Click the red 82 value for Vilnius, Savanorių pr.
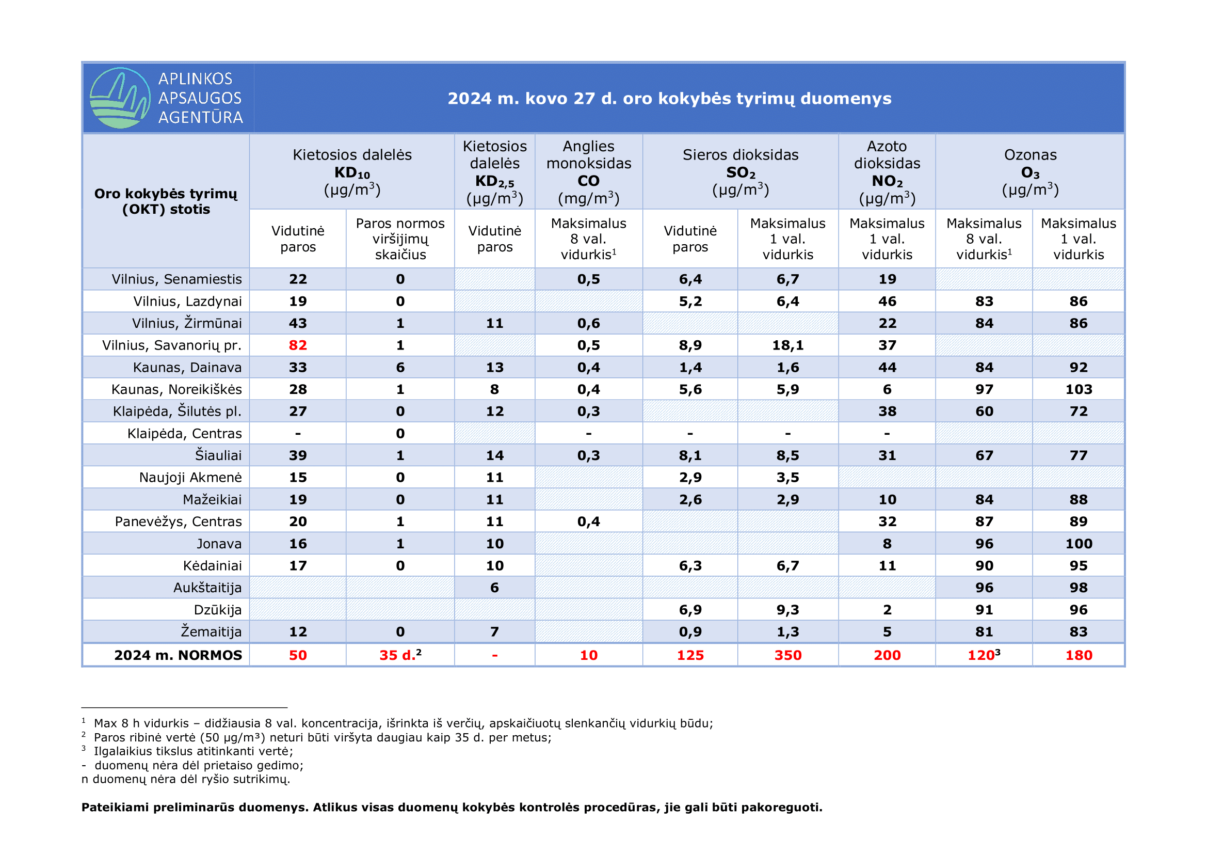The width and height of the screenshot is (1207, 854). coord(298,345)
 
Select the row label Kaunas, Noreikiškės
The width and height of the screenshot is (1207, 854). coord(176,390)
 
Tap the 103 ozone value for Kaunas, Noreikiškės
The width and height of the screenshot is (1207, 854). coord(1078,390)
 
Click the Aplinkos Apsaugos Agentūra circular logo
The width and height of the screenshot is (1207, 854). coord(120,98)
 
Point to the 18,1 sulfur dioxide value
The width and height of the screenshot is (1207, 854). coord(787,345)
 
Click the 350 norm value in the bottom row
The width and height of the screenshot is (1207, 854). coord(787,655)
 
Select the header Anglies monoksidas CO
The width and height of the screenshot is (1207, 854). coord(589,172)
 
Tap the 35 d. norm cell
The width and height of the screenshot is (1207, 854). coord(400,655)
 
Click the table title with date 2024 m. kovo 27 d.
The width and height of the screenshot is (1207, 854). coord(669,98)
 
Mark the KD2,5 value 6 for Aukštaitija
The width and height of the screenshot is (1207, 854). coord(494,588)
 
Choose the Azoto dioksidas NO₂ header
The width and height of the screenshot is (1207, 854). coord(887,172)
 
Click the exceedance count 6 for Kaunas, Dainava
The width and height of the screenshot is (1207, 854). coord(400,368)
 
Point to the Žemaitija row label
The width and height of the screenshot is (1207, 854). coord(212,631)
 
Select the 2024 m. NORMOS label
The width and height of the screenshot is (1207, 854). coord(178,655)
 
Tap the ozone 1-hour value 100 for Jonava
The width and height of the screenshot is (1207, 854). coord(1078,544)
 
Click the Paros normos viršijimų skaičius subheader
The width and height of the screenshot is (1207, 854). coord(400,239)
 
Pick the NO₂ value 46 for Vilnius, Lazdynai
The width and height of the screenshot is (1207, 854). coord(887,302)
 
